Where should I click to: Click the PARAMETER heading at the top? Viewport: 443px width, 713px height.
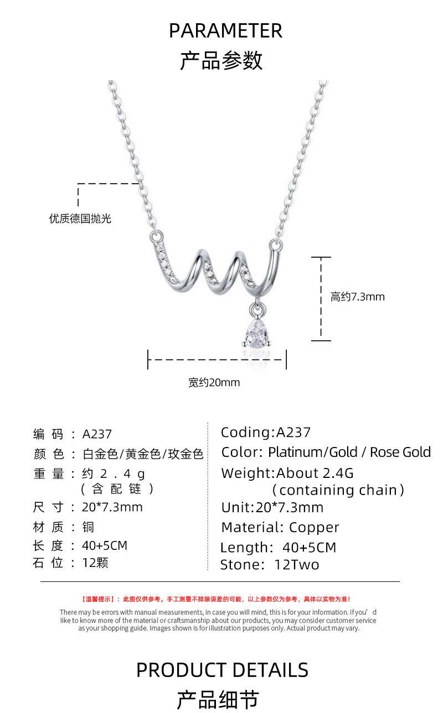coord(225,31)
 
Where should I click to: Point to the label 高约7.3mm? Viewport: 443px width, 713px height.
coord(357,297)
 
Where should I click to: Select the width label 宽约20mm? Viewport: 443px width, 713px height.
coord(214,382)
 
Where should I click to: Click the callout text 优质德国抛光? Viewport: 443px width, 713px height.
coord(80,218)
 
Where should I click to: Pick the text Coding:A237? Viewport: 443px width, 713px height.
coord(266,432)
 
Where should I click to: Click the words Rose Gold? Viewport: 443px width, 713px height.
coord(400,452)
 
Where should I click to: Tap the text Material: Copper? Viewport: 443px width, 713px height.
coord(280,527)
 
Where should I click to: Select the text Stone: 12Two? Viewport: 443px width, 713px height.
coord(270,565)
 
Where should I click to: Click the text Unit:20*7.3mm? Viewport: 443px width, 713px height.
coord(272,507)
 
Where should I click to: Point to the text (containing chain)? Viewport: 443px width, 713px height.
coord(338,490)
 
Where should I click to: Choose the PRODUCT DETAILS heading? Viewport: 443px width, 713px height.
coord(222,670)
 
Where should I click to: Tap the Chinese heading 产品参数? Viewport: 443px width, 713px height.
coord(221,61)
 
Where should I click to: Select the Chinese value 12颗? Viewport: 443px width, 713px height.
coord(95,563)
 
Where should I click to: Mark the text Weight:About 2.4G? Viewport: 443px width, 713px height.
coord(287,473)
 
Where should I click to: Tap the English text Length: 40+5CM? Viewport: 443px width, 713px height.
coord(278,548)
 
